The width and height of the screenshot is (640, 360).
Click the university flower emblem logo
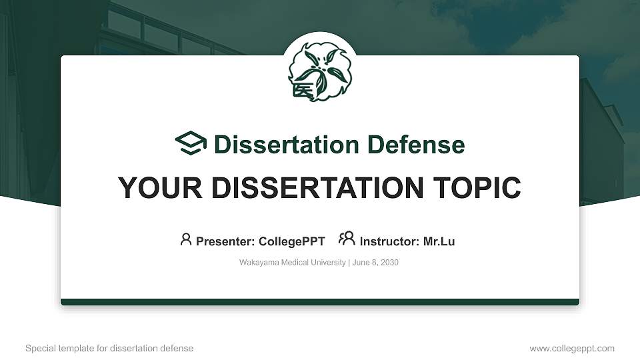(320, 72)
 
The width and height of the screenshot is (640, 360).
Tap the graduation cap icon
(191, 143)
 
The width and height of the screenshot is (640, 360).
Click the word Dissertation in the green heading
(287, 145)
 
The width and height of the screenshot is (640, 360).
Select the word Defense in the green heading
(416, 145)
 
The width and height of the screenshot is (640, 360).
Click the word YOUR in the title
(160, 188)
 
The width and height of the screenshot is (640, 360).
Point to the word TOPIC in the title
(477, 188)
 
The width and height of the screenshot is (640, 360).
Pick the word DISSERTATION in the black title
(317, 188)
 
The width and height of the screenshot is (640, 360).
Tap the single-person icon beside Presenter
(186, 239)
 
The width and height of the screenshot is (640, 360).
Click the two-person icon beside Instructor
(347, 239)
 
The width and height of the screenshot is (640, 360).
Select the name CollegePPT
(292, 241)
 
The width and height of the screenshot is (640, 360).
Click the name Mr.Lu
(439, 241)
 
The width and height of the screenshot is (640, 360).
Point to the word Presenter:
(225, 241)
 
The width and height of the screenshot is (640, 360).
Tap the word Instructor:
(389, 241)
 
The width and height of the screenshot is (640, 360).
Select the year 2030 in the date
(389, 263)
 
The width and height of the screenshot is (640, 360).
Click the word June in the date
(360, 263)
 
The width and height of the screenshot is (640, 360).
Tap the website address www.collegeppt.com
(572, 349)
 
